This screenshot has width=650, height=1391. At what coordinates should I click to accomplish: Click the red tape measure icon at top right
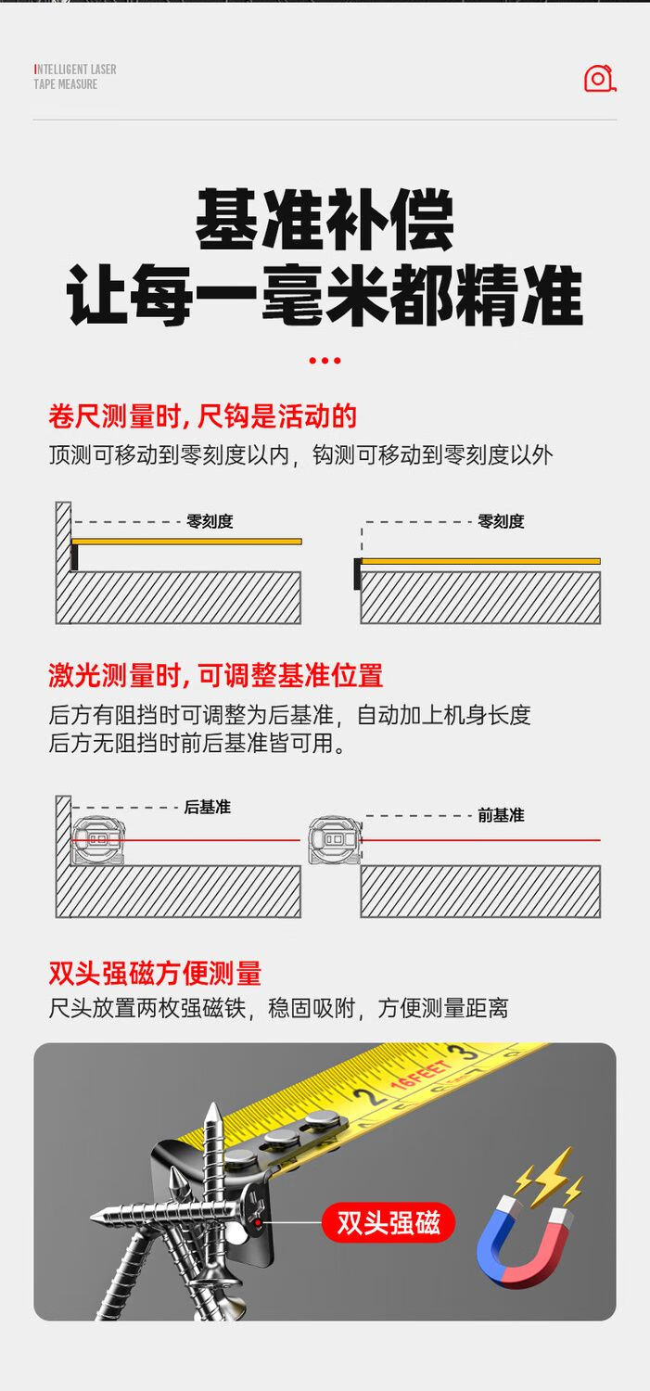tap(600, 78)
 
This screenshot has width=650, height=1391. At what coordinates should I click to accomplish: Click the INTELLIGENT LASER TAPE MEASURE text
tap(75, 76)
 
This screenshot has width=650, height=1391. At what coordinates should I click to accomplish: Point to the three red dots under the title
tap(325, 360)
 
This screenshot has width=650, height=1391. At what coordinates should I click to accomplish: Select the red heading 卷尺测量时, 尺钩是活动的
tap(202, 416)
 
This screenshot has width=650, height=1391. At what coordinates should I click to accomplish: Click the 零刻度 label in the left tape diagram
tap(210, 521)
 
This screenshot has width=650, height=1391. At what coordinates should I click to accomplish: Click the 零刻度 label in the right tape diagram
tap(501, 521)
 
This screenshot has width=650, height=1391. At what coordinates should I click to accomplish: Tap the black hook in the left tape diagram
tap(74, 555)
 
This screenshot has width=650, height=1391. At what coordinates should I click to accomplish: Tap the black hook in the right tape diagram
tap(358, 574)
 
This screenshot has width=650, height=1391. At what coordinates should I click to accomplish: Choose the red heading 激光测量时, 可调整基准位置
tap(215, 675)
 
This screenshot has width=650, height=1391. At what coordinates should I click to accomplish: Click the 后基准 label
tap(208, 807)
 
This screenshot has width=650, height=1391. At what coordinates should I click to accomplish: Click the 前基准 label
tap(501, 815)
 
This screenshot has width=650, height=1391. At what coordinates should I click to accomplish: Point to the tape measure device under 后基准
tap(98, 840)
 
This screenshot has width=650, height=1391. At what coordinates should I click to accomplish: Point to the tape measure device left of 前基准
tap(336, 840)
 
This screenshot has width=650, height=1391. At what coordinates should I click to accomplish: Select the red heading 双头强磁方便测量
tap(155, 973)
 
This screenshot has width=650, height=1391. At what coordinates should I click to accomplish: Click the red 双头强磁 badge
tap(389, 1223)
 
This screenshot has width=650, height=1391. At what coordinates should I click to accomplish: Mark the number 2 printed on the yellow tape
tap(367, 1096)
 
